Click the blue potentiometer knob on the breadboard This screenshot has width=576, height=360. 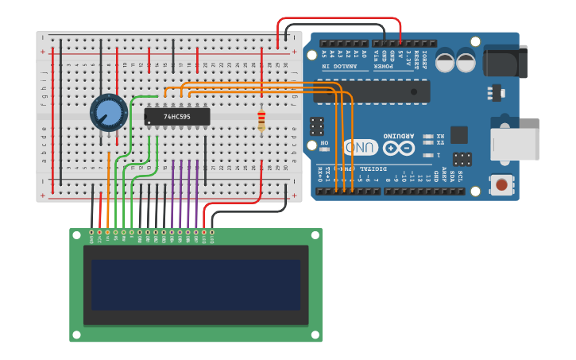coord(109,112)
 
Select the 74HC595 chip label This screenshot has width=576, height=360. coord(176,117)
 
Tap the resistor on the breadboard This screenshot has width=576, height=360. coord(261,120)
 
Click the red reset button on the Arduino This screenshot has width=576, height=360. coord(501,185)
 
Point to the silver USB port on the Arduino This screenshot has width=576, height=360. coord(515,144)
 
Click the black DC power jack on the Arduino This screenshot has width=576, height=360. coord(505,62)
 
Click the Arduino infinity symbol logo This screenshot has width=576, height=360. coord(398,148)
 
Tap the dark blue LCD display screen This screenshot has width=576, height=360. coord(195,285)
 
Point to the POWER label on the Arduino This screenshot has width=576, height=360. coord(393,67)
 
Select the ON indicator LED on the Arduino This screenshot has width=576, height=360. coord(324,149)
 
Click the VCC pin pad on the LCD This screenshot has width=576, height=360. coord(99,232)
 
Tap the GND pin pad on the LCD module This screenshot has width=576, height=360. coord(91,232)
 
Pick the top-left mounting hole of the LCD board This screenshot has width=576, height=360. coord(76,234)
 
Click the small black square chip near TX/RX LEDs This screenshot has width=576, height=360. coord(458,134)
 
